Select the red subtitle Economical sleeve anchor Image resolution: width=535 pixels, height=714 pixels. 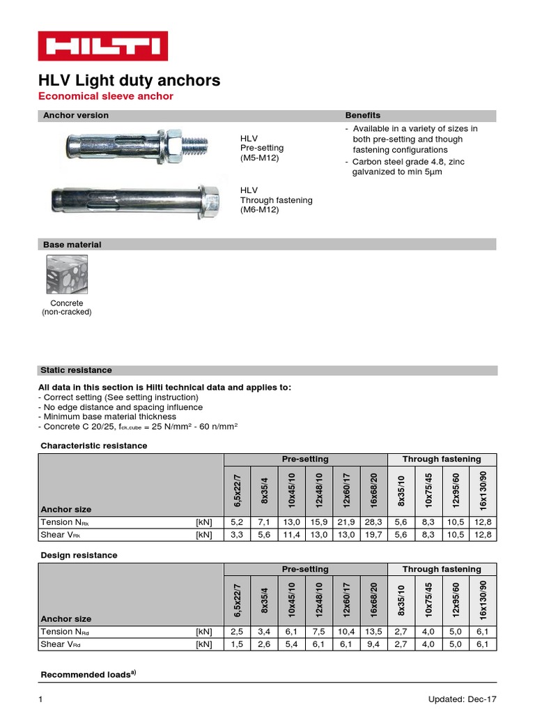pyautogui.click(x=105, y=96)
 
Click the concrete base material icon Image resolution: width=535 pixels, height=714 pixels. pyautogui.click(x=67, y=275)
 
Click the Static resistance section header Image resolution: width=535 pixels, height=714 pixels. pyautogui.click(x=76, y=370)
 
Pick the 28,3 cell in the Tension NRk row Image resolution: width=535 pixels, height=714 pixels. pyautogui.click(x=373, y=522)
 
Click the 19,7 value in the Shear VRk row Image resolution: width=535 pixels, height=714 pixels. pyautogui.click(x=373, y=535)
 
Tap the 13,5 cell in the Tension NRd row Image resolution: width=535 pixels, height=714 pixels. pyautogui.click(x=373, y=632)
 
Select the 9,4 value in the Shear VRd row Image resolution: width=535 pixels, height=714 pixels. pyautogui.click(x=373, y=645)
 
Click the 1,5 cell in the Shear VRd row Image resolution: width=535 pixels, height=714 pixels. pyautogui.click(x=238, y=645)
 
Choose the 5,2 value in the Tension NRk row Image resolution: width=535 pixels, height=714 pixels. pyautogui.click(x=238, y=522)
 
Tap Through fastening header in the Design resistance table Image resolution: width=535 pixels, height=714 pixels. pyautogui.click(x=442, y=569)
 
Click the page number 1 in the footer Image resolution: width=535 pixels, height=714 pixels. pyautogui.click(x=41, y=699)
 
